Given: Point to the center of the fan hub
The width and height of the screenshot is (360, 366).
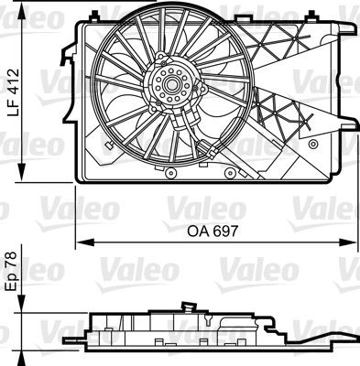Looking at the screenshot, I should [169, 87].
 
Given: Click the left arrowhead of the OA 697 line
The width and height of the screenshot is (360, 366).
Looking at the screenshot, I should [80, 242].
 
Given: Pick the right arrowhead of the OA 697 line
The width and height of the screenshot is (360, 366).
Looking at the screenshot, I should [355, 242].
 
